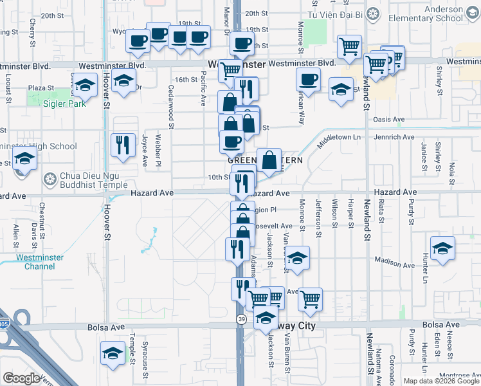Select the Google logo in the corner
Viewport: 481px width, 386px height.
[x=22, y=378]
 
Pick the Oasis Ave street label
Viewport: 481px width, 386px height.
[x=390, y=119]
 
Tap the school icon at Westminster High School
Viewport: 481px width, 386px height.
[x=24, y=159]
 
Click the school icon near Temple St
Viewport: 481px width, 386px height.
[x=113, y=353]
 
